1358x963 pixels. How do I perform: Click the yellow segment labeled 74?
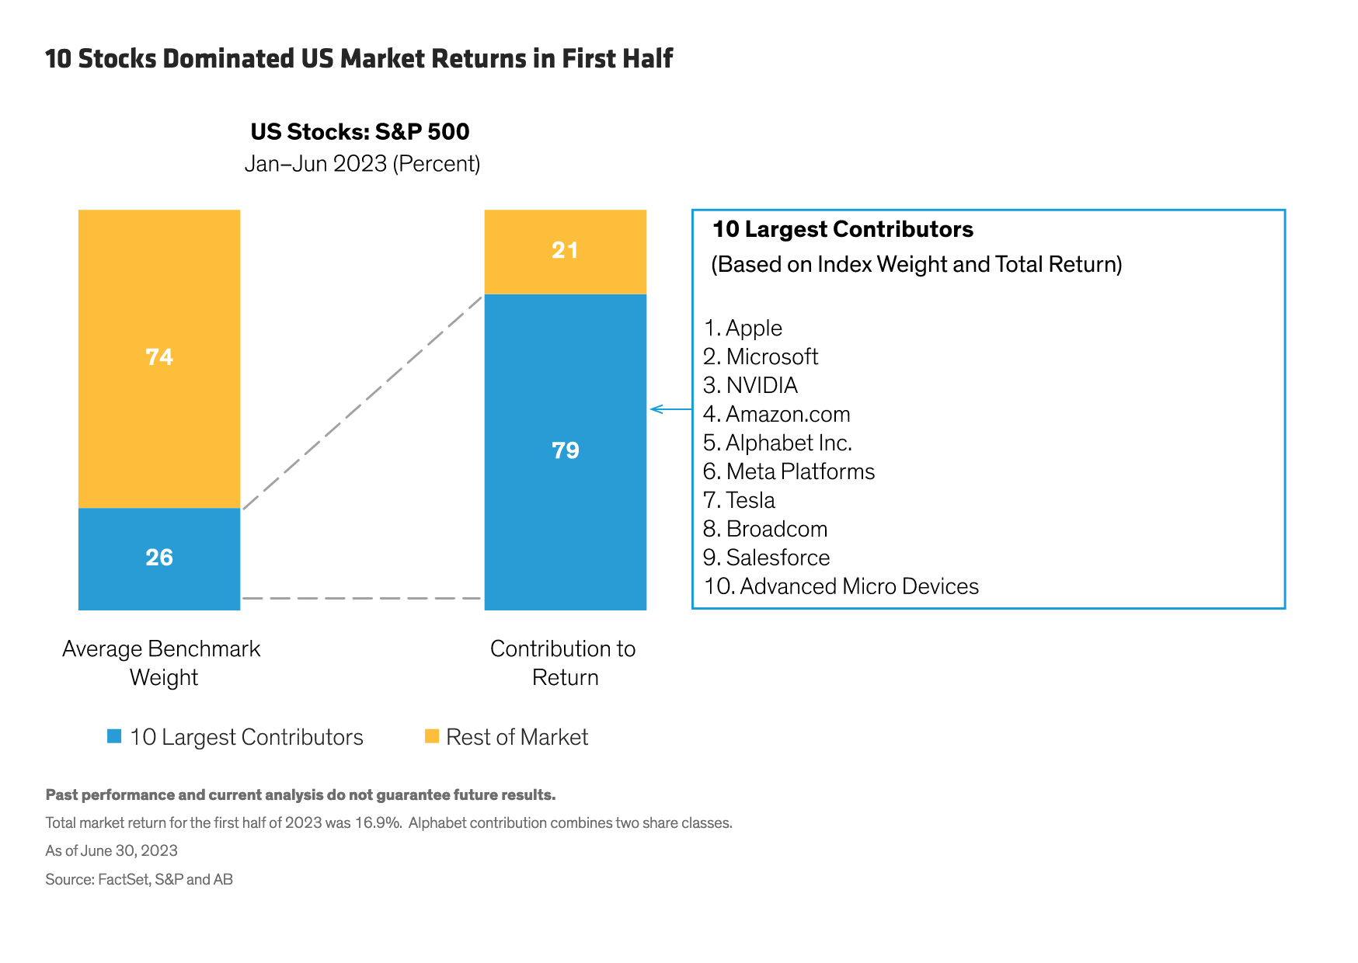tap(159, 358)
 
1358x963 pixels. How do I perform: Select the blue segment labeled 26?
tap(159, 558)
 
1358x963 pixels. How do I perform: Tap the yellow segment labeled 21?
tap(565, 251)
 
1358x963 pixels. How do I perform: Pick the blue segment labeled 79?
tap(565, 451)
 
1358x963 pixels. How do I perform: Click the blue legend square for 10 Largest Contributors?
tap(114, 736)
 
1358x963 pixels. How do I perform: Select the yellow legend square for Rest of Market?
tap(432, 735)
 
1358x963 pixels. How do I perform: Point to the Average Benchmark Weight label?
tap(162, 662)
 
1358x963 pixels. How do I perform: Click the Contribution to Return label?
tap(563, 662)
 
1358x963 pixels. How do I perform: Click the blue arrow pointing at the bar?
tap(670, 409)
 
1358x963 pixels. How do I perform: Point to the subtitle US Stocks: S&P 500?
tap(360, 132)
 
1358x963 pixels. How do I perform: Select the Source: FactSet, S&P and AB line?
tap(139, 879)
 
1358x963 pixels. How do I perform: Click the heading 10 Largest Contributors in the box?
tap(843, 230)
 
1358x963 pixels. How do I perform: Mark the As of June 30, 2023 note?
tap(111, 850)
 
